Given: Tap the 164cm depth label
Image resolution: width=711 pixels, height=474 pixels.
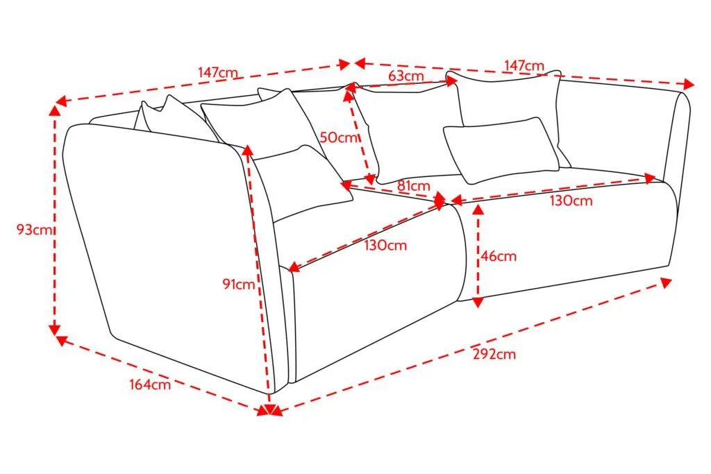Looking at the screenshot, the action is pyautogui.click(x=150, y=384).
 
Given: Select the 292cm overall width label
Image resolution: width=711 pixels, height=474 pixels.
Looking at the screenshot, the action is pyautogui.click(x=494, y=354).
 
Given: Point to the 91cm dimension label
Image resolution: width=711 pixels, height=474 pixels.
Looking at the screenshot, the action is pyautogui.click(x=239, y=284).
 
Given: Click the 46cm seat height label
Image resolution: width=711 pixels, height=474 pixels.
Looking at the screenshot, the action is pyautogui.click(x=499, y=256).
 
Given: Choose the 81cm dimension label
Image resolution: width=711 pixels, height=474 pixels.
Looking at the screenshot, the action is pyautogui.click(x=414, y=186).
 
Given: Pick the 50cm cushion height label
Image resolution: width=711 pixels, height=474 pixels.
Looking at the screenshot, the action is pyautogui.click(x=339, y=137).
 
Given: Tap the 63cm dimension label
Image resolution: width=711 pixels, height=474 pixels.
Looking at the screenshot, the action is pyautogui.click(x=405, y=76).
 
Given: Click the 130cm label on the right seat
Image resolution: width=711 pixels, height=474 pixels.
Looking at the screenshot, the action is pyautogui.click(x=571, y=201).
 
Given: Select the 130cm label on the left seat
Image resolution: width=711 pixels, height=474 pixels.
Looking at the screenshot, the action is pyautogui.click(x=385, y=246).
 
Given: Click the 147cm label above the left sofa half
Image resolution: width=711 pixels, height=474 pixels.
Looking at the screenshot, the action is pyautogui.click(x=217, y=72).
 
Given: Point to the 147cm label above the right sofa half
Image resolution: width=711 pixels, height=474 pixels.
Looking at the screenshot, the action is pyautogui.click(x=524, y=66).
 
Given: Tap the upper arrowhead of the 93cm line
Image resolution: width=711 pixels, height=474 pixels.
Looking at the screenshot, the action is pyautogui.click(x=54, y=111).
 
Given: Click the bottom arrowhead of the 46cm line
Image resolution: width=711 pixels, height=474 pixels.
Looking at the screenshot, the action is pyautogui.click(x=478, y=303).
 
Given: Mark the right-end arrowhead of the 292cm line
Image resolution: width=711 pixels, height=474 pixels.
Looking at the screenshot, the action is pyautogui.click(x=666, y=282).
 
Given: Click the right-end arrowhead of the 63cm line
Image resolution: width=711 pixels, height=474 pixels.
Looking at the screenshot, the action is pyautogui.click(x=451, y=82).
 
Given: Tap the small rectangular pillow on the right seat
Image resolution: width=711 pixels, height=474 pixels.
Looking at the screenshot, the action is pyautogui.click(x=501, y=151).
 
